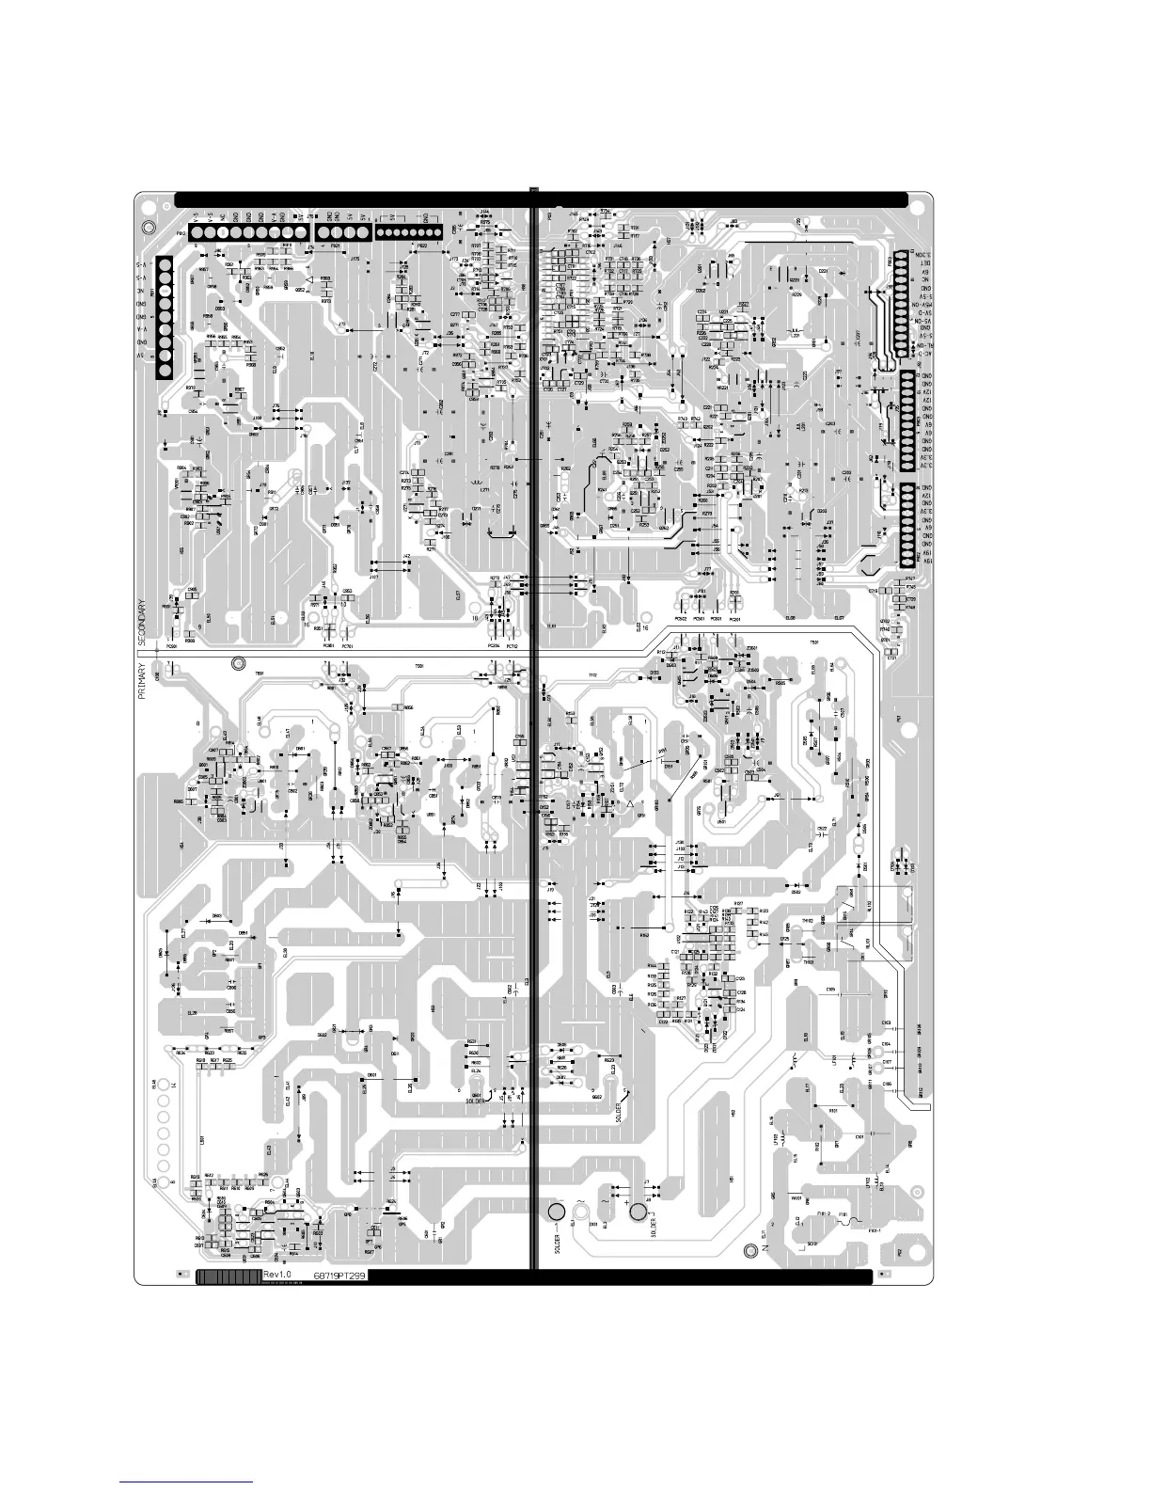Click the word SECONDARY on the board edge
[142, 620]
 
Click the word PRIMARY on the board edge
[142, 680]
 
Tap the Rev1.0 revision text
[278, 1275]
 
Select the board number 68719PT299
[339, 1275]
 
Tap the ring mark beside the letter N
[749, 1250]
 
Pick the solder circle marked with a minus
[556, 1212]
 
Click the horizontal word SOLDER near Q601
[474, 1102]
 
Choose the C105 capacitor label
[830, 991]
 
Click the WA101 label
[796, 1198]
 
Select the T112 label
[592, 675]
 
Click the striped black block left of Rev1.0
[228, 1276]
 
